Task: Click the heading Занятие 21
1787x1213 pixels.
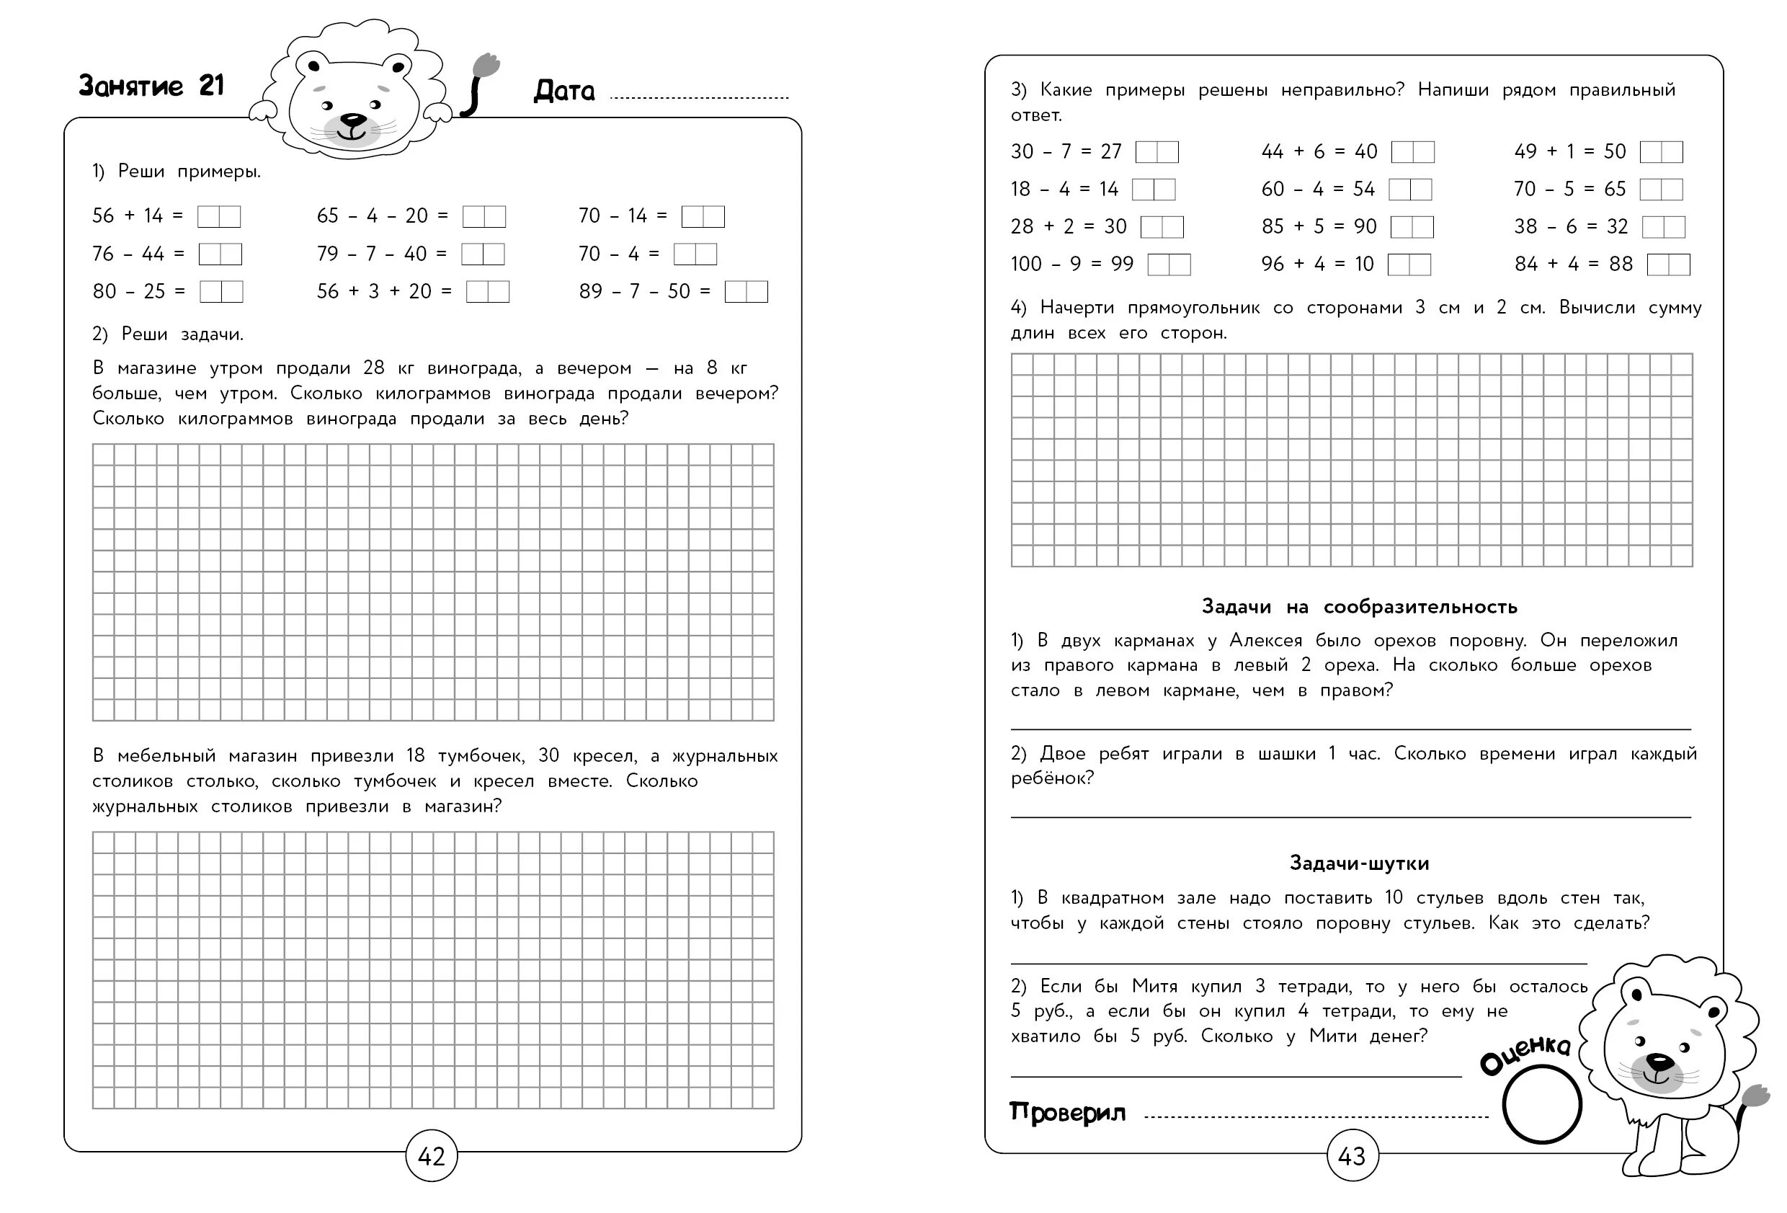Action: (151, 85)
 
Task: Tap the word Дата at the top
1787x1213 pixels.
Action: (563, 92)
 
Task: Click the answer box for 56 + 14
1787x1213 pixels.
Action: (218, 217)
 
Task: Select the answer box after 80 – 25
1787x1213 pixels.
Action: (221, 291)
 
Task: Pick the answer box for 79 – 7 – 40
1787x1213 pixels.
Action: (483, 254)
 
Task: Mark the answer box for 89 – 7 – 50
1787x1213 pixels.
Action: (746, 291)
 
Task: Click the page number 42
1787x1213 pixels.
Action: (431, 1155)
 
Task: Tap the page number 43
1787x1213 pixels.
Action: (1351, 1155)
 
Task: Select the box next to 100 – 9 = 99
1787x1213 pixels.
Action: (1169, 265)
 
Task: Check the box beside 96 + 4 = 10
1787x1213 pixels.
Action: (1409, 265)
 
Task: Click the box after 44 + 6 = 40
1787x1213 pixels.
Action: (1412, 152)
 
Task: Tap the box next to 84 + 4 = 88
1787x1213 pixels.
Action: (1668, 265)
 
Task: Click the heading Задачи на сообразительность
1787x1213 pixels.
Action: (1359, 607)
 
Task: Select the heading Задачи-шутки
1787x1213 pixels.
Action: (1359, 863)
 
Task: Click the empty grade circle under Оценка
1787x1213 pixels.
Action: (1541, 1105)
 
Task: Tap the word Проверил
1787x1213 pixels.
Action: (1066, 1112)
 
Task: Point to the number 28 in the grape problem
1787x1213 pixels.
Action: (374, 368)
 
